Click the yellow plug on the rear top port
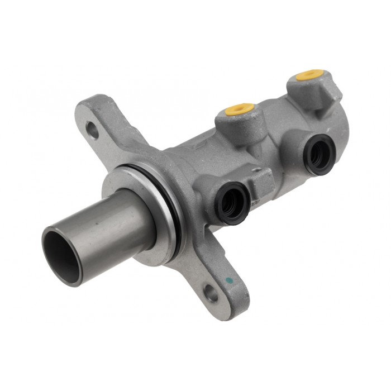pyautogui.click(x=310, y=75)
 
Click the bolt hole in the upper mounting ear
pyautogui.click(x=93, y=132)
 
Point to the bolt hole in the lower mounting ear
pyautogui.click(x=211, y=293)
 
